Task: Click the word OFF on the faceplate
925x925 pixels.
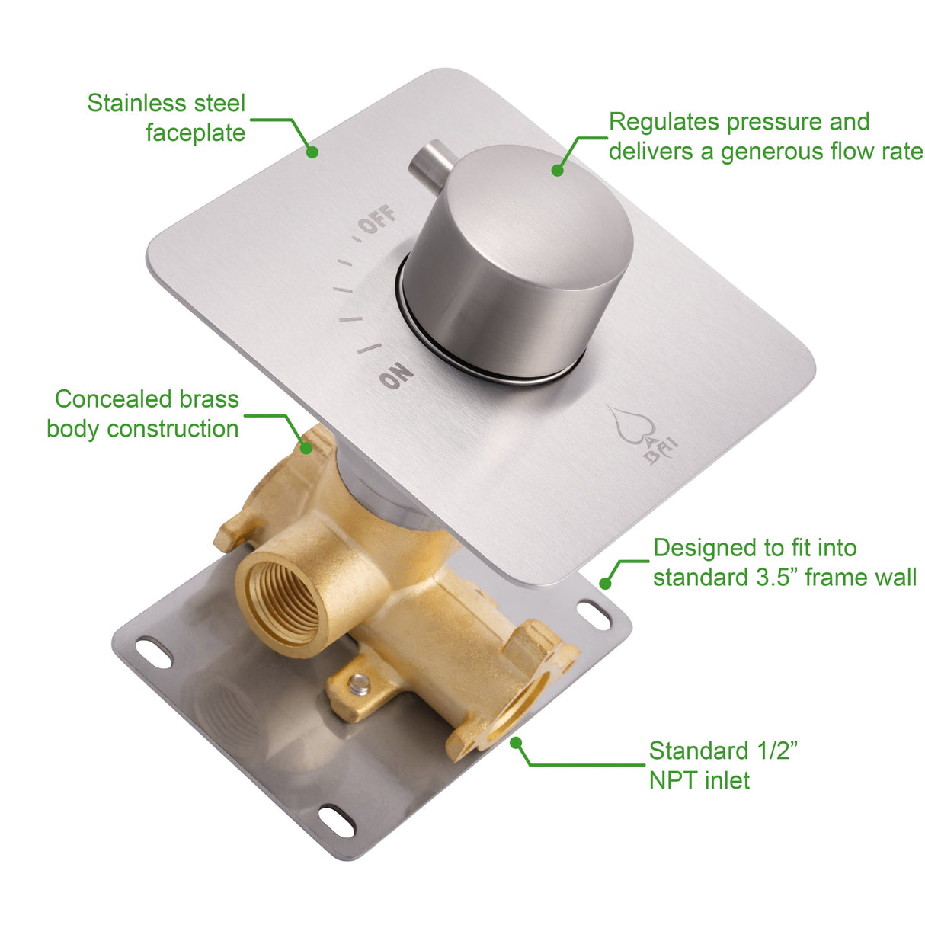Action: [x=378, y=219]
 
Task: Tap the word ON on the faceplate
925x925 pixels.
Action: [x=396, y=376]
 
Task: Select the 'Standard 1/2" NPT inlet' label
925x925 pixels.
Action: [x=722, y=765]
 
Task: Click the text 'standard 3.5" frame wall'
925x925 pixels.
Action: [x=784, y=577]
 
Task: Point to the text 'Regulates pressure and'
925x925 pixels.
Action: [x=738, y=122]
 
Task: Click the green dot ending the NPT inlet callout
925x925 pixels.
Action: [x=516, y=741]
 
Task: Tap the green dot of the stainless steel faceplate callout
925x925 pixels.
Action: [x=312, y=152]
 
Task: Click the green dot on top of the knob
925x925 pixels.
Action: [x=557, y=170]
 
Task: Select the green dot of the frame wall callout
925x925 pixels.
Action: [x=605, y=584]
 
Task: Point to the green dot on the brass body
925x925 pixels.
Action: [x=306, y=447]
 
